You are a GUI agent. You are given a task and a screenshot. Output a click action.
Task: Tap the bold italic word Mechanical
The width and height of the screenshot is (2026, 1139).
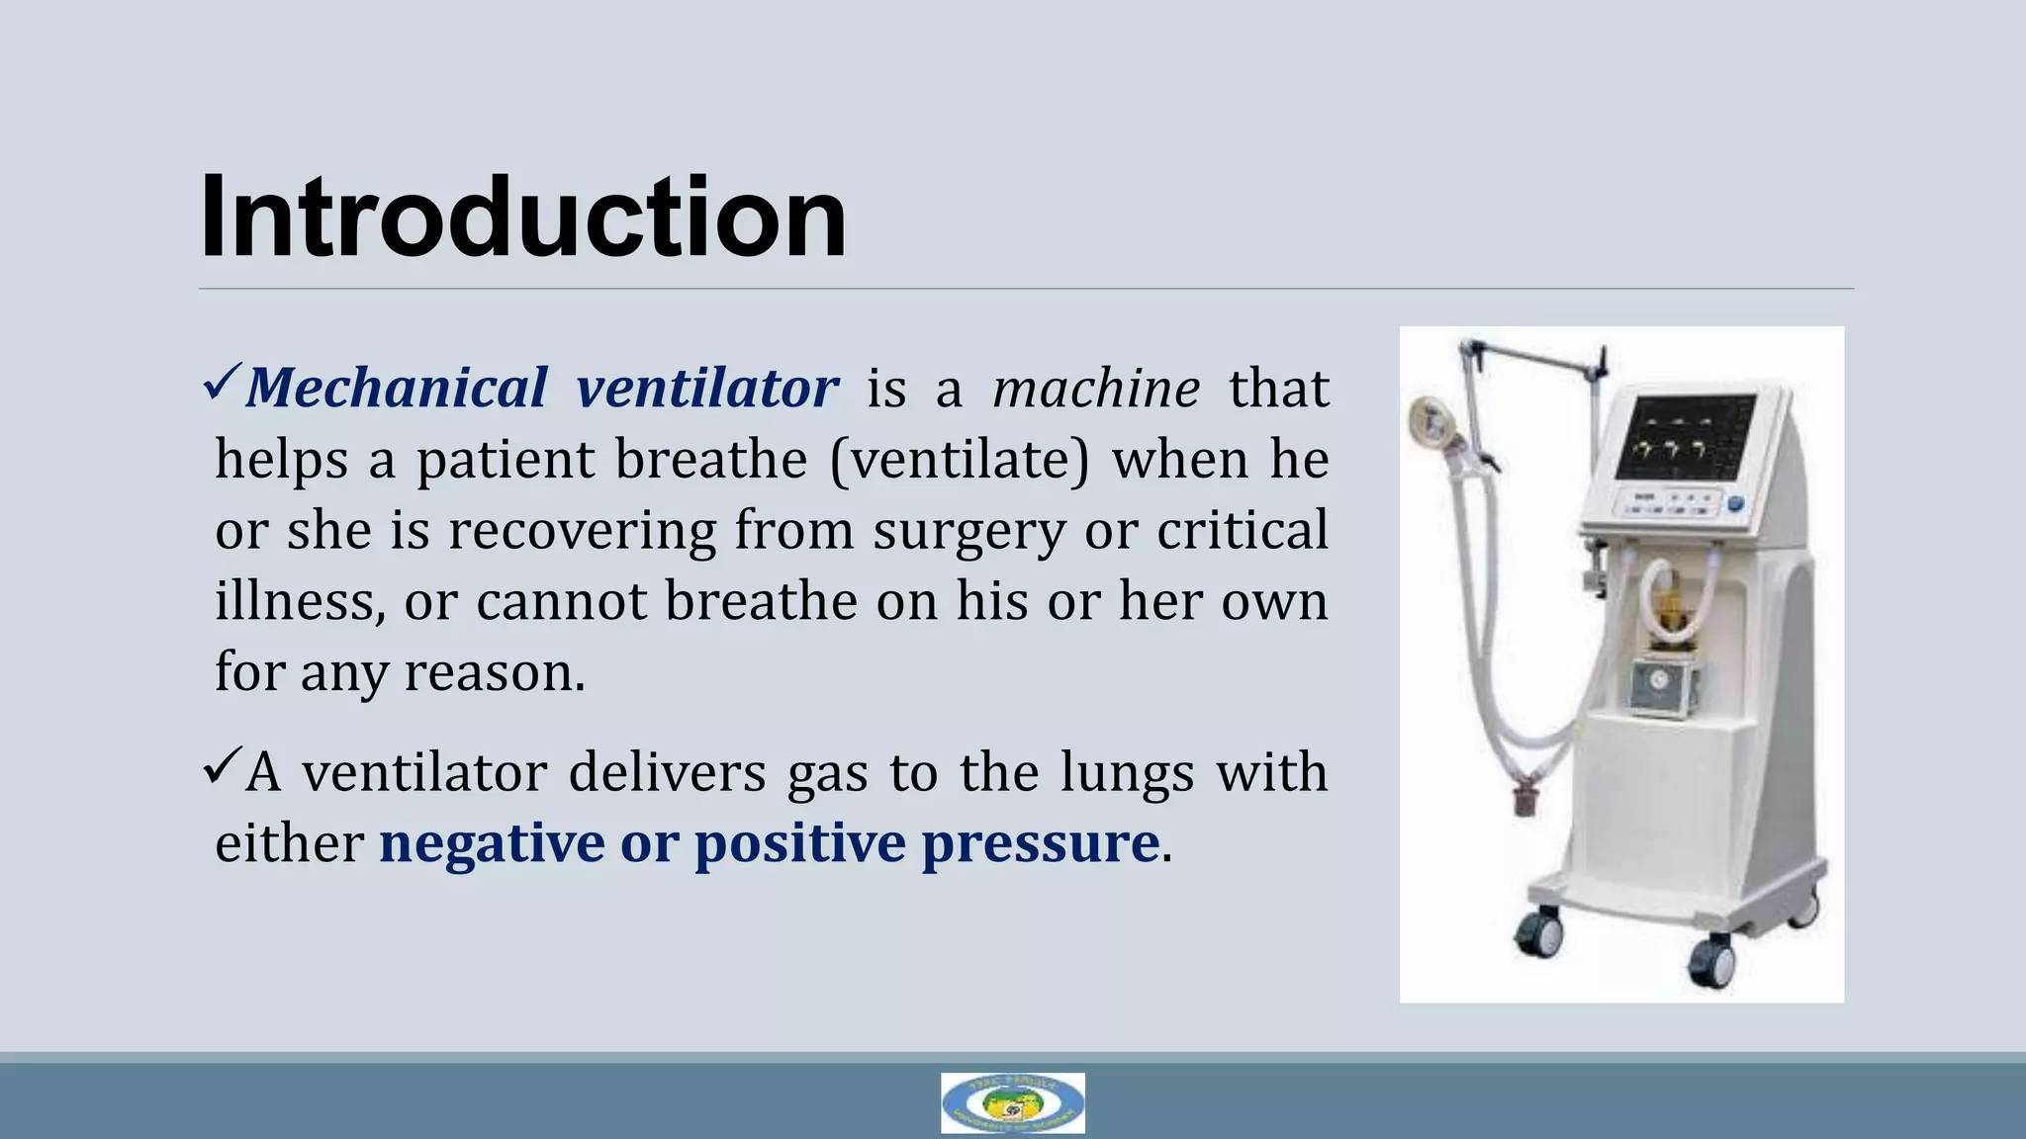point(397,387)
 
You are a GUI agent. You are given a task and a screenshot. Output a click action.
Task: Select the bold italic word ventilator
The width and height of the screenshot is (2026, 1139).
point(707,387)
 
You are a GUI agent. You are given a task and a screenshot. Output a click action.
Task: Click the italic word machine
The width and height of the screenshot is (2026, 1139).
point(1096,387)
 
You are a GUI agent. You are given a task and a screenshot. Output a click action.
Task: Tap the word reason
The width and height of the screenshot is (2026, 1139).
point(494,673)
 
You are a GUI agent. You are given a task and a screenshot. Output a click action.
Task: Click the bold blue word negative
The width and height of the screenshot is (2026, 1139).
point(491,843)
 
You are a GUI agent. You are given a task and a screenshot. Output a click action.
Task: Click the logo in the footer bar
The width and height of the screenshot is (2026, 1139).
point(1012,1102)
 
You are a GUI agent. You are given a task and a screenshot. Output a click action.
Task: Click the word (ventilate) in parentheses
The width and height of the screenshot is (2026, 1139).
point(959,460)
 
